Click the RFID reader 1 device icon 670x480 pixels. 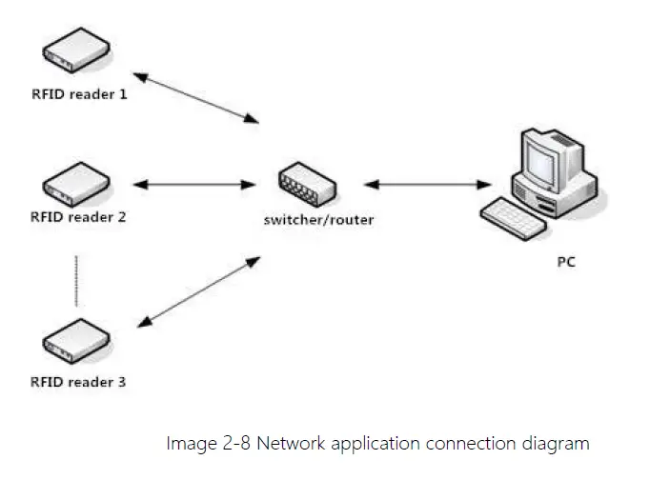point(76,50)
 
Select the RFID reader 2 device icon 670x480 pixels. point(76,185)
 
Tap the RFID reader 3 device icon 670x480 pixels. point(76,341)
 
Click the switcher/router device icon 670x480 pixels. point(307,183)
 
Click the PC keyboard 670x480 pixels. point(513,218)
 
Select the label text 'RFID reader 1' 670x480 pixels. point(79,94)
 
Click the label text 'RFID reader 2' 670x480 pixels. point(78,217)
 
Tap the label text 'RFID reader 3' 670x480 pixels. point(78,382)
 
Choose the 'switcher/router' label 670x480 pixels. point(318,220)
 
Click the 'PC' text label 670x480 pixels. point(566,262)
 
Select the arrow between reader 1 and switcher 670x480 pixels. point(196,98)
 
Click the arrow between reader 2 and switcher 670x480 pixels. point(194,185)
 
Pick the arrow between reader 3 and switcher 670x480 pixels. point(198,292)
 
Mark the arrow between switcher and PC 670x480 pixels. point(427,185)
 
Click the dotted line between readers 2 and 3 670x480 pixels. point(76,281)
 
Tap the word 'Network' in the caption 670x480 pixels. point(291,443)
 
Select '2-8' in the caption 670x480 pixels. point(236,443)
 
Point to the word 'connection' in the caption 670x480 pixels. point(471,443)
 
